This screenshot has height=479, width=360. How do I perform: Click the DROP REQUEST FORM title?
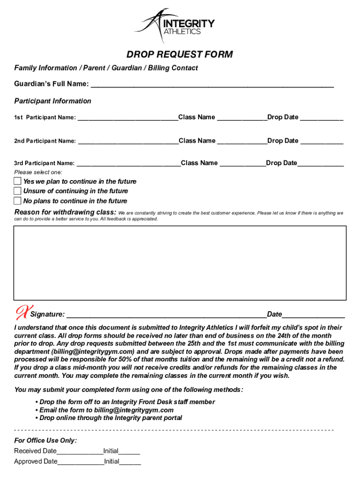(180, 55)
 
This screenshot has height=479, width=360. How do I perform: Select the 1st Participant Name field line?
(127, 117)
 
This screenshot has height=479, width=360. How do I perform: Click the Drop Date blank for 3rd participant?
(320, 163)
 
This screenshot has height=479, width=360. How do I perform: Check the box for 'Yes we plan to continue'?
(17, 181)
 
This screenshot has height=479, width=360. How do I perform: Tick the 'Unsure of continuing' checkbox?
(17, 191)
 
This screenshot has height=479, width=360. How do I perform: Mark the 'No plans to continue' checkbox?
(17, 201)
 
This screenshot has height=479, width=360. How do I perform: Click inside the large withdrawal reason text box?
(180, 262)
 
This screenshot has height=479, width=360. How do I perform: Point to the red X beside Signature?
(22, 311)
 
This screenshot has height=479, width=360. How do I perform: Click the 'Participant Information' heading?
(53, 101)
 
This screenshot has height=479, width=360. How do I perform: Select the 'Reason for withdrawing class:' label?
(65, 212)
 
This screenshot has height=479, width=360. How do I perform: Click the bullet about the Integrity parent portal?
(108, 418)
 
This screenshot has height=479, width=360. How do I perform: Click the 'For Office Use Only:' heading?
(45, 441)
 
